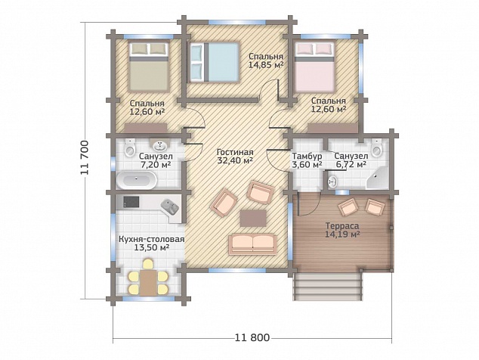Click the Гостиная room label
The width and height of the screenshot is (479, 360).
point(235,152)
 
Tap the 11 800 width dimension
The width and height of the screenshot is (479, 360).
point(252,337)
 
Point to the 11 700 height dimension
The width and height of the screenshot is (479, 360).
point(85,158)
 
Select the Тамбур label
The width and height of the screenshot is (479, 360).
point(307,156)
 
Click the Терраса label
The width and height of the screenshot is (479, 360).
point(341,226)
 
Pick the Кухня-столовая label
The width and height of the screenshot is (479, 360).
point(152,239)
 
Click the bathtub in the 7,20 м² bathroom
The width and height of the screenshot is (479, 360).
point(137,179)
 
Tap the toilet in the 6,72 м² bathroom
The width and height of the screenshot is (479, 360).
point(377,147)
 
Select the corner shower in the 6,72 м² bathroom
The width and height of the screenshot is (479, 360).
point(378,178)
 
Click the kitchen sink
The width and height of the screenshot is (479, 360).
point(170,206)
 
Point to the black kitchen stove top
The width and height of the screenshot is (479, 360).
point(131,201)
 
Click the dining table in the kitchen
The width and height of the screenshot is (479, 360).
point(149,282)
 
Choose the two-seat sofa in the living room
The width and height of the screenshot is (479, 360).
point(252,244)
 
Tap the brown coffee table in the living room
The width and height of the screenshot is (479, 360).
point(253,218)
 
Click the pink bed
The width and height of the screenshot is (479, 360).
point(314,67)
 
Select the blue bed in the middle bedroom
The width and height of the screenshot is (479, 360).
point(214,62)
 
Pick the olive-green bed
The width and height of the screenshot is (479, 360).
point(149,67)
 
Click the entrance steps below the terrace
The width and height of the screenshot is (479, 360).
point(327,287)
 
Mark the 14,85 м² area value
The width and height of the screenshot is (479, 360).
point(266,64)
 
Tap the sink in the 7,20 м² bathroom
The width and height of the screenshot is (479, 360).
point(159,146)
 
